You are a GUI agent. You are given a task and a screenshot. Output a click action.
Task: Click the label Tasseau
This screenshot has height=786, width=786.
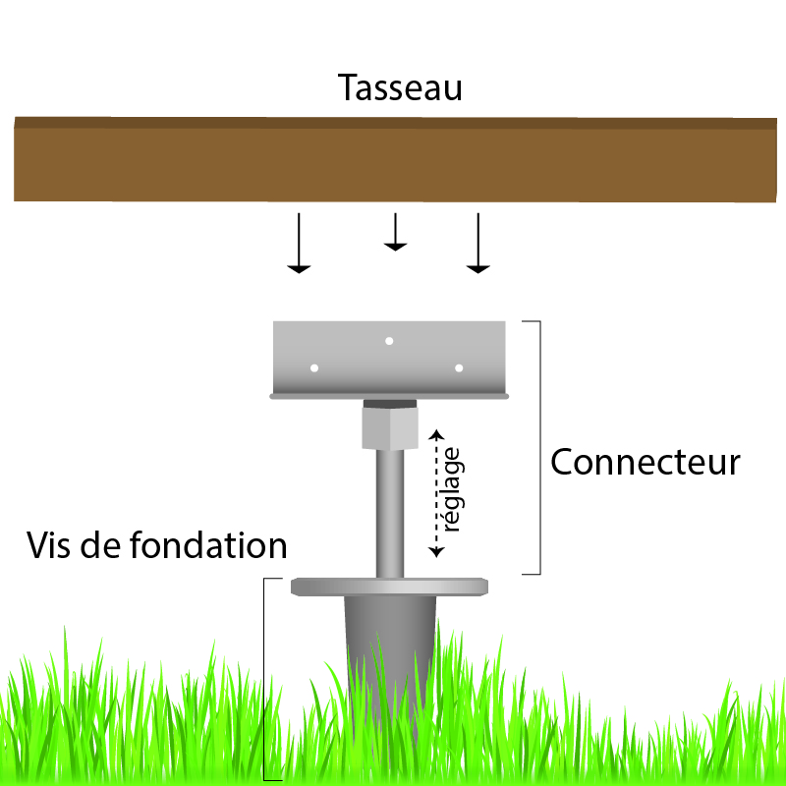point(400,88)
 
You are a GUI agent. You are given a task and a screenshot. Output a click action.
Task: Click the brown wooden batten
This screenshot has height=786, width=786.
point(393,159)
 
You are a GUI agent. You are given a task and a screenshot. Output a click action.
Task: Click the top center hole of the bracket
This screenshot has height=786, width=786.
point(389,341)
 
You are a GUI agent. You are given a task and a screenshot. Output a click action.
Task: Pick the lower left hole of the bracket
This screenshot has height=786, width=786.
point(314,368)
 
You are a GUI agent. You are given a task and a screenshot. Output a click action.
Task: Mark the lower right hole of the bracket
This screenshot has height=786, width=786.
point(459,368)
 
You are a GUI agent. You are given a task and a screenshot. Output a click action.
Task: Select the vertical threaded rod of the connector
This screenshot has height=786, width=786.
point(390,511)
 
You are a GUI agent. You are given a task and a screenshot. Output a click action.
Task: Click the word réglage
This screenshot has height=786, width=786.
point(452,491)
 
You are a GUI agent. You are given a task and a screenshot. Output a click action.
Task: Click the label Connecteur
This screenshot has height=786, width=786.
point(645,462)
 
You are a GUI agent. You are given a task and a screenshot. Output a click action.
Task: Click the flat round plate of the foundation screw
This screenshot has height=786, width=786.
point(391,587)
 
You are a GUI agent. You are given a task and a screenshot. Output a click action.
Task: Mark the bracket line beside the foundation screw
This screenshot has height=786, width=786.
point(265,678)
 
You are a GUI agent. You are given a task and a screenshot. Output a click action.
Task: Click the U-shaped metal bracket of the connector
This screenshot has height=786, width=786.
point(390,360)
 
